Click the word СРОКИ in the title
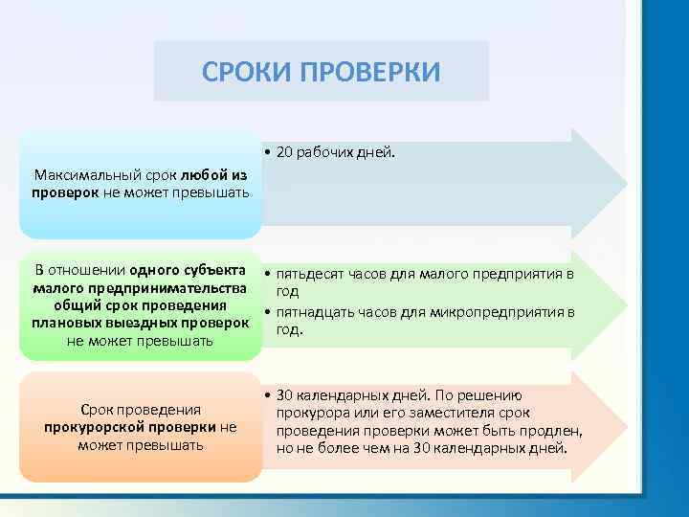click(x=247, y=72)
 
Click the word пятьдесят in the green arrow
click(x=309, y=275)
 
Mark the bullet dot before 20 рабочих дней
click(x=269, y=152)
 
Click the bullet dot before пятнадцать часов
click(x=269, y=312)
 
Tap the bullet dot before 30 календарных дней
click(x=269, y=395)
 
